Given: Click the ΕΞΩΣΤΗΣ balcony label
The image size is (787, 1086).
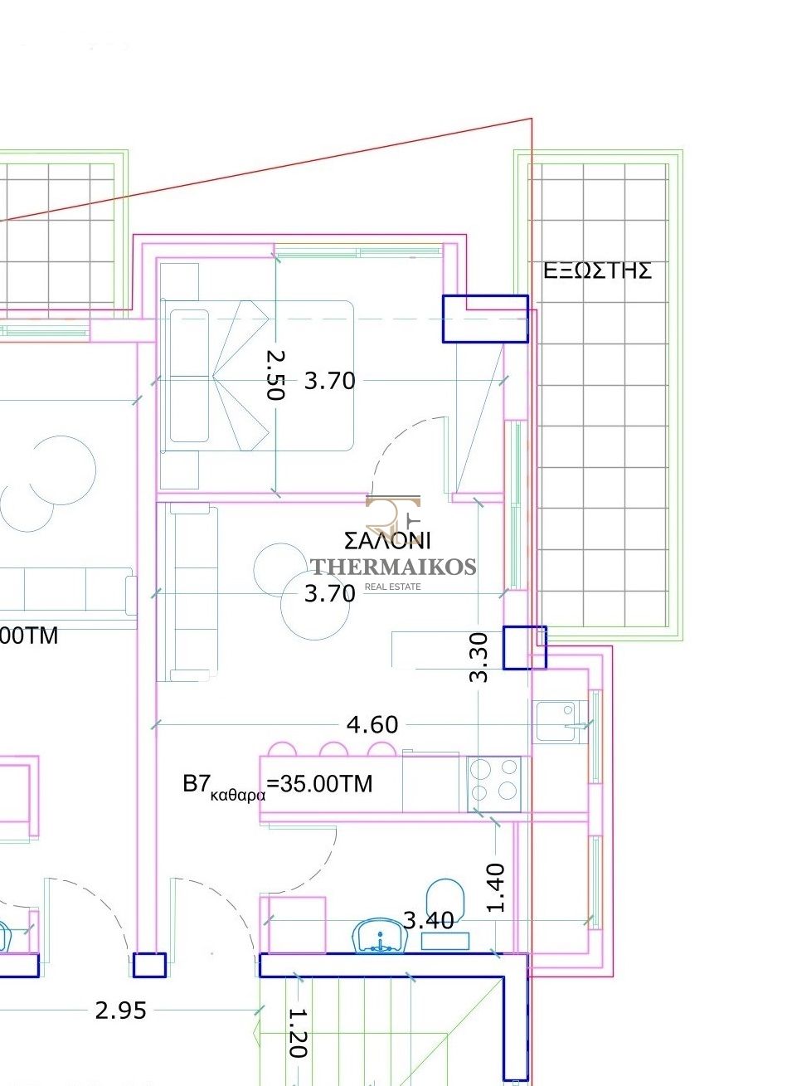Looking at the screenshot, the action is [x=597, y=270].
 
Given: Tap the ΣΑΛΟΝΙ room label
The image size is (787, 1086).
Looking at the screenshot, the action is [x=387, y=541].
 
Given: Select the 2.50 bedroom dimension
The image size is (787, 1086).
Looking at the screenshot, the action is [x=276, y=375].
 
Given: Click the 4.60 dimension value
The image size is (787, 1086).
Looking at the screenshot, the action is [x=372, y=725].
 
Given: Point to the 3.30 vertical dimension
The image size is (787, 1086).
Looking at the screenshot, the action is [x=479, y=657].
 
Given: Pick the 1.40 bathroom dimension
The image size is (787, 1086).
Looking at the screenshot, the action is [x=495, y=888].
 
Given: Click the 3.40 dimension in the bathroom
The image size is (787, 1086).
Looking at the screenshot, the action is [x=429, y=920].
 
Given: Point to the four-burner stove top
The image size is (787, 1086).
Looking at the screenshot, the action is [x=494, y=784].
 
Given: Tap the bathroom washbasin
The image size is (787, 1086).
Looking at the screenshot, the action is [x=381, y=935].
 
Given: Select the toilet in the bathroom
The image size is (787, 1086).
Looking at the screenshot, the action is [x=445, y=900].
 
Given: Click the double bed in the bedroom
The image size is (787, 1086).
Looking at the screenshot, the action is [x=257, y=376].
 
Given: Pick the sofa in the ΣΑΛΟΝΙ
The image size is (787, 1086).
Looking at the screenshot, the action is [x=187, y=592].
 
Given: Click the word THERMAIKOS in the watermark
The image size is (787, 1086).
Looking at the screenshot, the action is [x=393, y=567].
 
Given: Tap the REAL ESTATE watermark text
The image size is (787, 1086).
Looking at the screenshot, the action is [x=392, y=587].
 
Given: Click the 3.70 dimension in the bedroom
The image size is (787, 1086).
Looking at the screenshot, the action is [x=329, y=381].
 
